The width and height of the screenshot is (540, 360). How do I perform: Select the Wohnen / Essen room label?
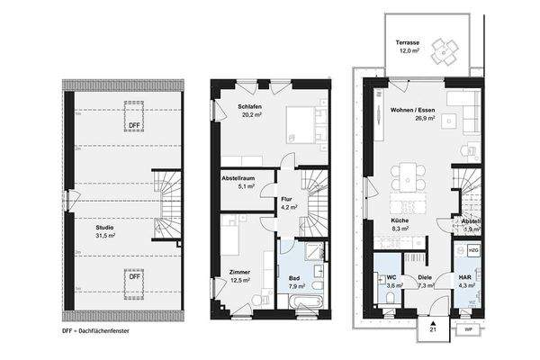click(x=412, y=112)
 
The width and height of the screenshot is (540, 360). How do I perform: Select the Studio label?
click(x=105, y=230)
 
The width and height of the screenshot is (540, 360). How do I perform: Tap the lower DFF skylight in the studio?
click(x=133, y=276)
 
